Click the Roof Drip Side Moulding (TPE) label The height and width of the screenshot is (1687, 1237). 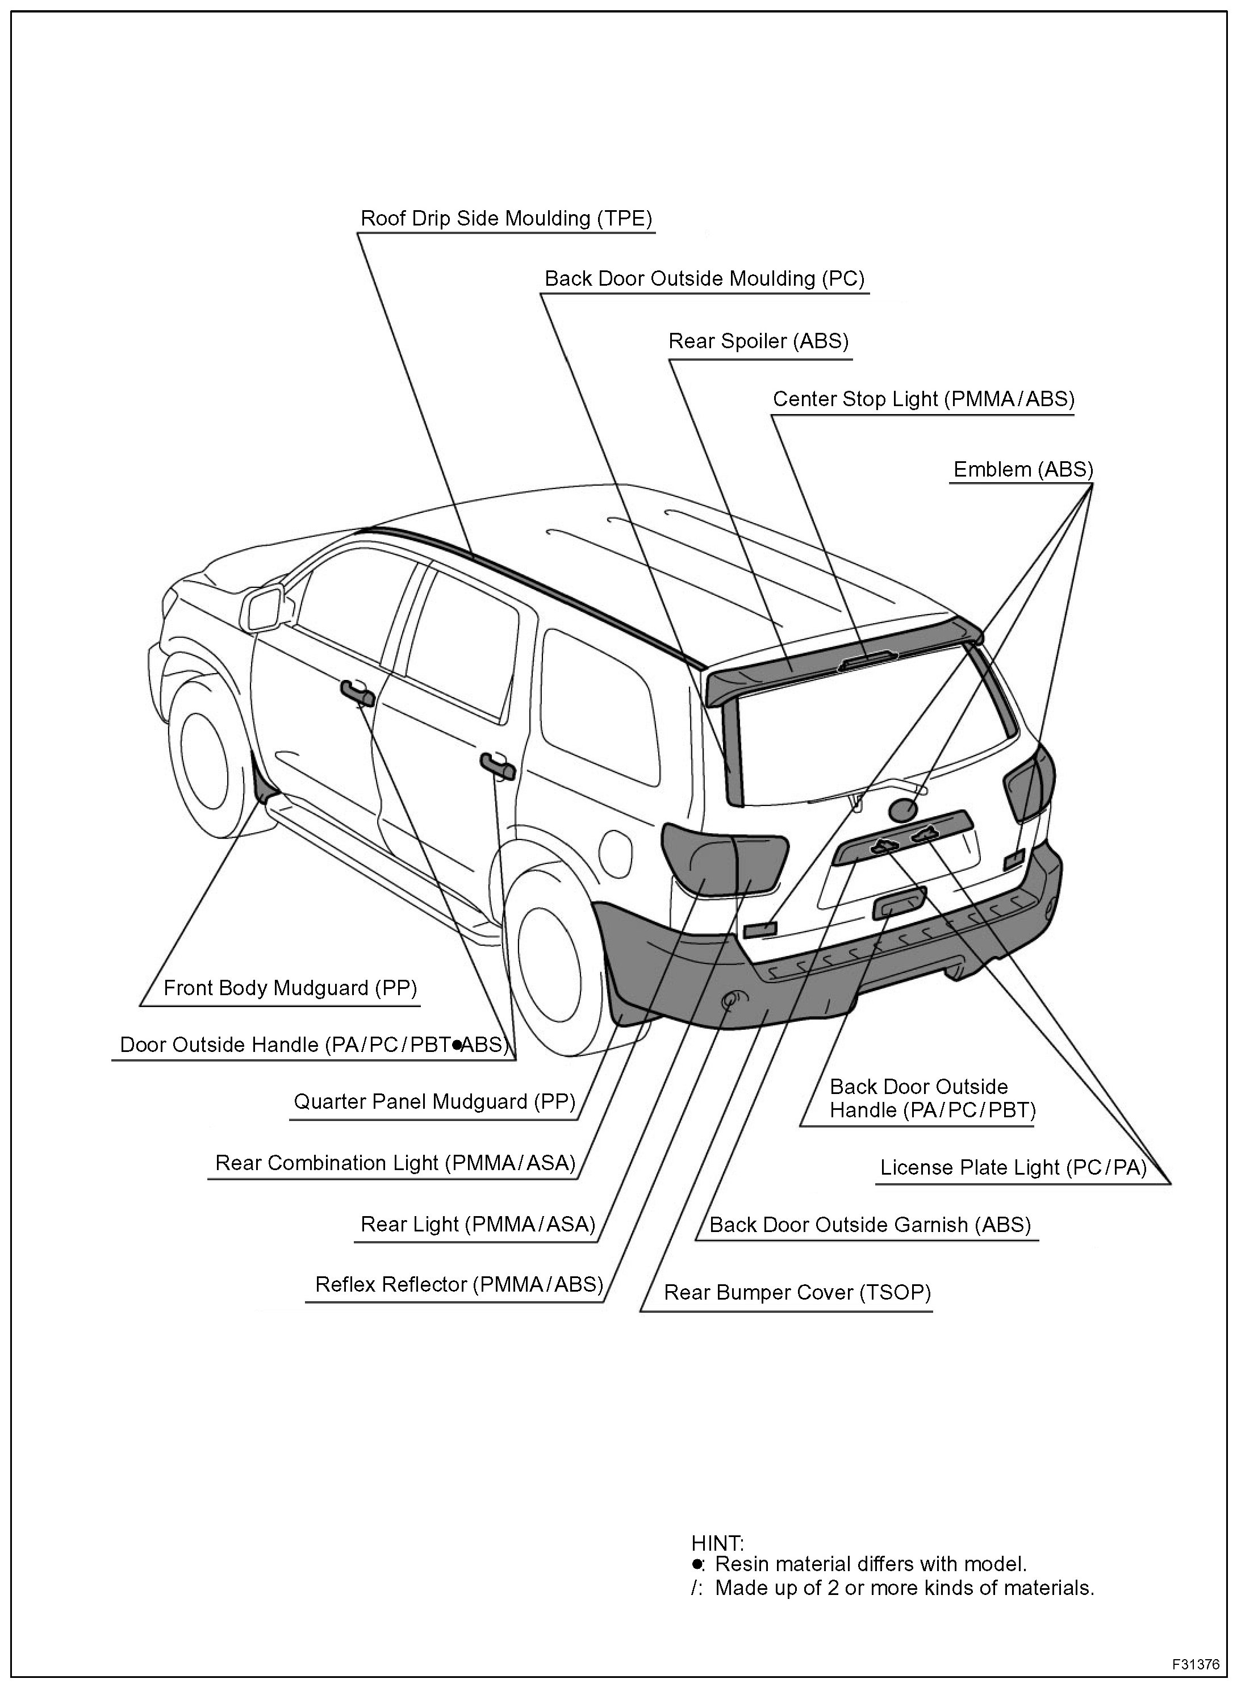click(x=506, y=219)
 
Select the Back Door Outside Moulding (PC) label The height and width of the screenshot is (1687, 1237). click(x=704, y=278)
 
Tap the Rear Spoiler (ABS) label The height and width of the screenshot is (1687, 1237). click(x=758, y=341)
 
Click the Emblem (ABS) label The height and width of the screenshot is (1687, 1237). click(x=1023, y=470)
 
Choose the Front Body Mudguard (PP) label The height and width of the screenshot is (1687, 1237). click(x=290, y=988)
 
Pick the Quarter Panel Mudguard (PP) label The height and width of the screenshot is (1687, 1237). click(x=434, y=1101)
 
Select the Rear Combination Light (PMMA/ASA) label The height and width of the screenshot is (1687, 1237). click(x=395, y=1163)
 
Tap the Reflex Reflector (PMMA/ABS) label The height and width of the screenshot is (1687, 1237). click(x=458, y=1284)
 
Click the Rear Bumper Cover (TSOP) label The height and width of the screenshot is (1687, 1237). click(x=797, y=1292)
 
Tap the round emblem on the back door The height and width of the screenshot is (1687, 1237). click(x=903, y=810)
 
